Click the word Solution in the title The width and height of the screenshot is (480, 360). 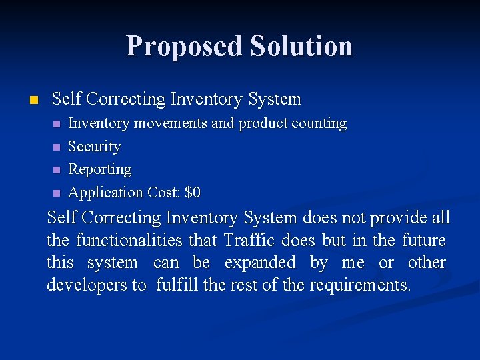301,46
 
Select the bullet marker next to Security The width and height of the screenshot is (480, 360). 57,147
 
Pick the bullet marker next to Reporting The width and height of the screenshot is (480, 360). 57,170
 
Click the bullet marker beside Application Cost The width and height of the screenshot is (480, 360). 57,193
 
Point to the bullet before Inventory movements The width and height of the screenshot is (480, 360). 57,124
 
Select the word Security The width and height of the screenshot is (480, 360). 95,147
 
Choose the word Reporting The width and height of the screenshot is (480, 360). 100,170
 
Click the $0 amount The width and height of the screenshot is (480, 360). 192,193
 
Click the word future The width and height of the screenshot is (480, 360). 424,240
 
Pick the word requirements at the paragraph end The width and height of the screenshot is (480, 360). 368,285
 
